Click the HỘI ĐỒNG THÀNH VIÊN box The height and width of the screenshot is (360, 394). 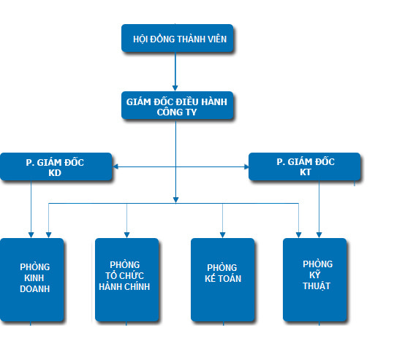[x=177, y=38]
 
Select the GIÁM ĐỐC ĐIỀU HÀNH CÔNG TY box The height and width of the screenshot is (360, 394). [x=177, y=105]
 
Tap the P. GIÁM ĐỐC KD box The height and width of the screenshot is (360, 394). [x=56, y=166]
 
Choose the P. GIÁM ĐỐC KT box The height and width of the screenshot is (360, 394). [x=304, y=166]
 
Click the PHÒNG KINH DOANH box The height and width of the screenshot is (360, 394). [x=32, y=280]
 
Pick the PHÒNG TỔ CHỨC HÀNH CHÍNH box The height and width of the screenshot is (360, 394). [x=127, y=280]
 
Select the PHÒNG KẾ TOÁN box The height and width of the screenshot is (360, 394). [x=223, y=280]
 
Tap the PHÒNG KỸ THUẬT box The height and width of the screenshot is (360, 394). [x=314, y=280]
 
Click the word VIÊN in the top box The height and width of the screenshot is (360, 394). [x=217, y=39]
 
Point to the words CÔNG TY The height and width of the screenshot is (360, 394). [x=177, y=112]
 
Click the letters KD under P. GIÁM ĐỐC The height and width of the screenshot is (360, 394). [x=55, y=173]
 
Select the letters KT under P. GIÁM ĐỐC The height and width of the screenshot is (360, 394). [x=306, y=172]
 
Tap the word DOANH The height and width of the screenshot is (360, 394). [x=34, y=289]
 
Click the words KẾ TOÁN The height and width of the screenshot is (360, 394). [x=223, y=278]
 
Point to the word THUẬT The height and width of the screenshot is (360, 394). [x=317, y=286]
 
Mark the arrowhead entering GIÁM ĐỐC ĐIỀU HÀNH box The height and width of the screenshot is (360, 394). [x=175, y=88]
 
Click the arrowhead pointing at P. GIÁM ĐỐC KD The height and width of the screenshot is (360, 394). [x=115, y=166]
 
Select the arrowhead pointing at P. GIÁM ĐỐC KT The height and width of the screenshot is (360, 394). [x=246, y=166]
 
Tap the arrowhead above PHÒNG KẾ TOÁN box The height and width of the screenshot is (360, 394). [x=223, y=235]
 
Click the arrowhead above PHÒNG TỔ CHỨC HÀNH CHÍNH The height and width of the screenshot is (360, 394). [x=127, y=235]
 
